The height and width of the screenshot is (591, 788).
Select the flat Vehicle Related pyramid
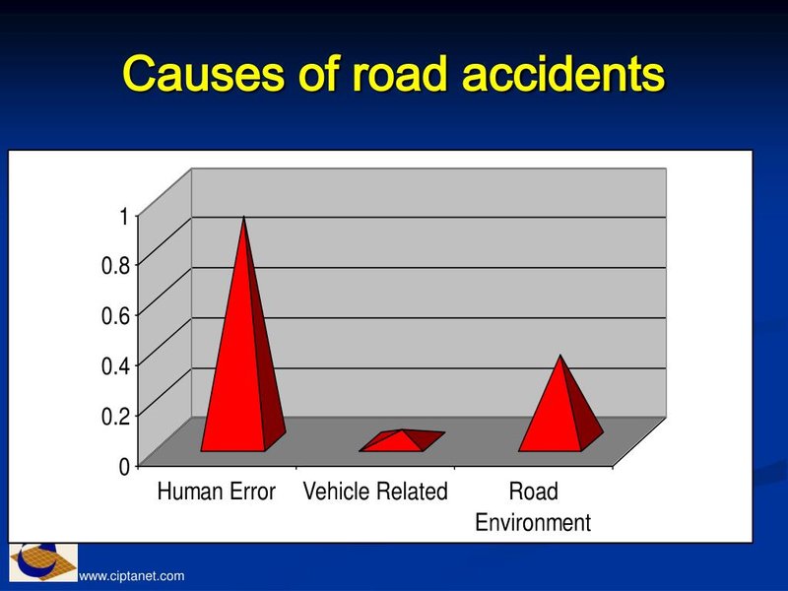click(402, 440)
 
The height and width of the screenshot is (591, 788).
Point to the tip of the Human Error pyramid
click(244, 217)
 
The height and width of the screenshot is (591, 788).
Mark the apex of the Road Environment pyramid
click(560, 356)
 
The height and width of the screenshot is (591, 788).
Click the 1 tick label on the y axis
click(124, 216)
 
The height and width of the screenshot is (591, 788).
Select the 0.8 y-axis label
click(115, 265)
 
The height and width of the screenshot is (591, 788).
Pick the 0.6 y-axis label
click(115, 315)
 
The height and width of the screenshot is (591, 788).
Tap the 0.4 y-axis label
click(115, 365)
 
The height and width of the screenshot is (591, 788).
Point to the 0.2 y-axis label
click(115, 416)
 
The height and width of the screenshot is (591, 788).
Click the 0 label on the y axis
click(124, 467)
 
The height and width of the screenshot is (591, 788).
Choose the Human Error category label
click(217, 491)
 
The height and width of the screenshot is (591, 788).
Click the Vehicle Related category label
click(375, 491)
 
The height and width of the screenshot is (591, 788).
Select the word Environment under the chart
click(533, 523)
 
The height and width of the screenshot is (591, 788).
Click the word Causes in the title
click(203, 74)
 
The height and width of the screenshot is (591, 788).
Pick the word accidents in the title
click(563, 74)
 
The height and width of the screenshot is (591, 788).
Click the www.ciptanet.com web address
click(132, 576)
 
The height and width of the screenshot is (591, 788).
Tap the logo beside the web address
click(43, 562)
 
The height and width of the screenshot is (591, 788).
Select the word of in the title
click(317, 74)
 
